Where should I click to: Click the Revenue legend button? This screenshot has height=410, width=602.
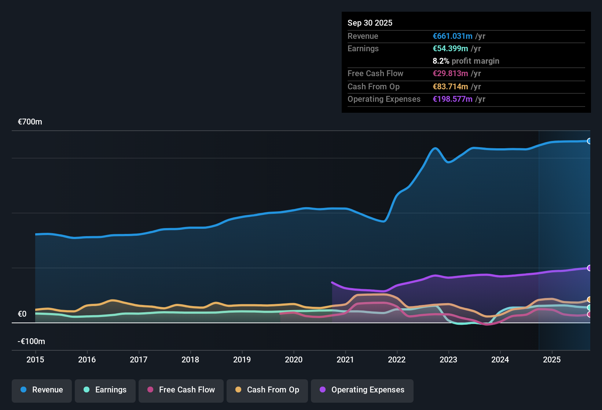click(42, 390)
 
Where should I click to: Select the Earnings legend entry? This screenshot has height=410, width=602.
click(105, 390)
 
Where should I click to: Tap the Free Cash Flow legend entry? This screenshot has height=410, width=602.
click(181, 390)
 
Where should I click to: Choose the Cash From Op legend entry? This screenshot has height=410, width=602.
click(267, 390)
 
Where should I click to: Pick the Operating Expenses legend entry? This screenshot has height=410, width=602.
click(362, 390)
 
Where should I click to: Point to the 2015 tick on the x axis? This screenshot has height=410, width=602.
click(35, 359)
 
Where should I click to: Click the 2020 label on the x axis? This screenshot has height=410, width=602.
click(294, 359)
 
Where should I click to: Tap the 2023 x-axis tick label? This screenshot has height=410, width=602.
click(448, 359)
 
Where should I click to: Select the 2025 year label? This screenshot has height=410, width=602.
click(552, 359)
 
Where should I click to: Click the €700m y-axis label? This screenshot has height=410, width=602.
click(30, 122)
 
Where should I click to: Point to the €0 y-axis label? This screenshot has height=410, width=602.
click(22, 314)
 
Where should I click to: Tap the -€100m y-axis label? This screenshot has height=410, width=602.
click(31, 342)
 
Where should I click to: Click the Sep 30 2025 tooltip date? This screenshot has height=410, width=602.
click(370, 23)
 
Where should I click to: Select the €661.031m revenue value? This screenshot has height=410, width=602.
click(452, 36)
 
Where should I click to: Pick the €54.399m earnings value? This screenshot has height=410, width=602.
click(450, 49)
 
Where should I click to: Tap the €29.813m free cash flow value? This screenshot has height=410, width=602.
click(450, 74)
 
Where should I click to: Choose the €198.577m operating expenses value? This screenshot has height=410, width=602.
click(452, 99)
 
